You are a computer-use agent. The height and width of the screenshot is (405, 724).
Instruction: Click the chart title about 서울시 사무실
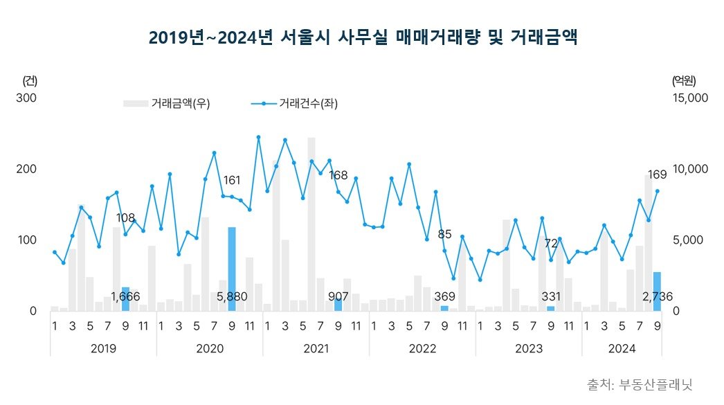362,37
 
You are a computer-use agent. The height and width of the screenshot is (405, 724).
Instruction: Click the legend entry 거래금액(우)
167,104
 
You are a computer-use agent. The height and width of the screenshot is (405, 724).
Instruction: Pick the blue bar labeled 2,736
657,291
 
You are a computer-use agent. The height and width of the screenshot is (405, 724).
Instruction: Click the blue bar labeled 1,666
125,299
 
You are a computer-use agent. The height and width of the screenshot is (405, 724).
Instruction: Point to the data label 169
657,174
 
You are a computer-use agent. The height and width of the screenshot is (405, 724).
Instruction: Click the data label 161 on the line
232,181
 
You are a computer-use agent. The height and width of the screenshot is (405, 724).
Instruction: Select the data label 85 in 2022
444,234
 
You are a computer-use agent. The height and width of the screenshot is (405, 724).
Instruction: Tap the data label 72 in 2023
551,244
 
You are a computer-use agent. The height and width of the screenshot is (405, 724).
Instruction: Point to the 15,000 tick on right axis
691,98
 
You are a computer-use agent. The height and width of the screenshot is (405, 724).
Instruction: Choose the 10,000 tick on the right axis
691,169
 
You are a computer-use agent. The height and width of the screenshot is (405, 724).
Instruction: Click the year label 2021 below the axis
316,348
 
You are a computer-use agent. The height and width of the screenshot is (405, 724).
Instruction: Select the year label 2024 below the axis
622,348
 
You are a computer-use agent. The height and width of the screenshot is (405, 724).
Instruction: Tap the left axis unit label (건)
30,80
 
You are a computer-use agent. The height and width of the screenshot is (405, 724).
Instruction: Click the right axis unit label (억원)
683,80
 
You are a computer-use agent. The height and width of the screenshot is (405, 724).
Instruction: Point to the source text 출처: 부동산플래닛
640,384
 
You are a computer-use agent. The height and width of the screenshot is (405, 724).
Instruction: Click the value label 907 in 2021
338,297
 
